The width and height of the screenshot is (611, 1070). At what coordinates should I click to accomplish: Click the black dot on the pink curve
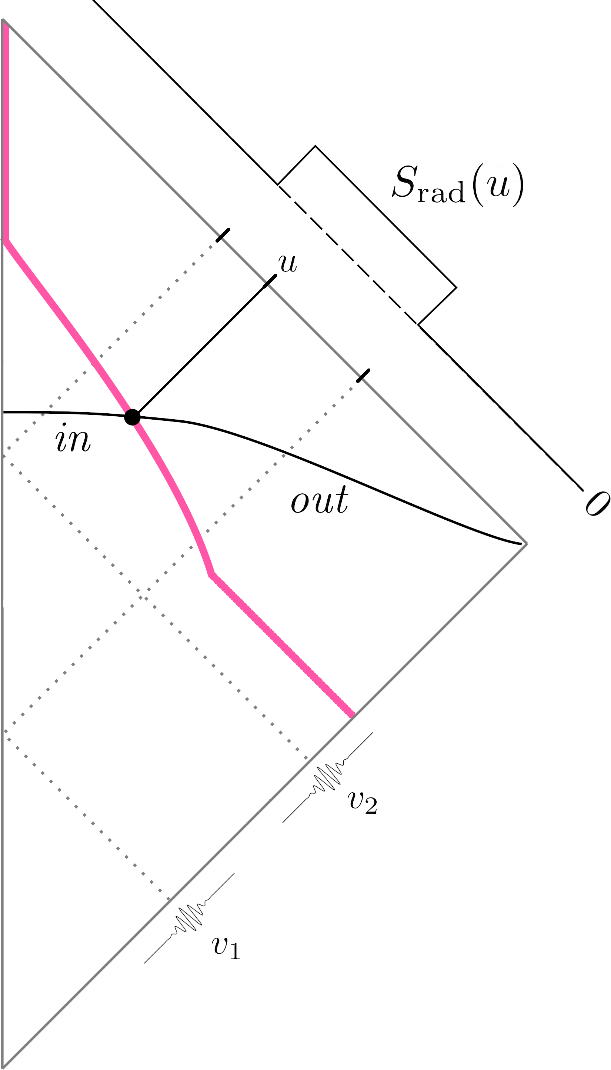coord(132,417)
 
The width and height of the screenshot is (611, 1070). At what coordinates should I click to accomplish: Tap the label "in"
coord(73,438)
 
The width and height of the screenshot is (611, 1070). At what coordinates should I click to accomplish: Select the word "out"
coord(319,500)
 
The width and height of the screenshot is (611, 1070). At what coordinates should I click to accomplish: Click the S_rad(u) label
coord(457,184)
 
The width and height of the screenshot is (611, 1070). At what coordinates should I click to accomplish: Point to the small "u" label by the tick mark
coord(288,263)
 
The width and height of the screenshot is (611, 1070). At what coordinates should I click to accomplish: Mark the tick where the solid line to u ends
coord(270,281)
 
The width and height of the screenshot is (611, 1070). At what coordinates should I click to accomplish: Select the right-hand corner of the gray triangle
coord(526,544)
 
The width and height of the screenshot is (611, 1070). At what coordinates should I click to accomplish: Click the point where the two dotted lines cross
coord(142,596)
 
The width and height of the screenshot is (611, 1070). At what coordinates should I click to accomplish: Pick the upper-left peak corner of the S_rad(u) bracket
coord(315,146)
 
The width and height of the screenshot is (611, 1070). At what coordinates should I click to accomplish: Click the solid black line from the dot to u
coord(201,348)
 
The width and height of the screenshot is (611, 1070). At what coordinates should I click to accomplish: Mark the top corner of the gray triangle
coord(3,20)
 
